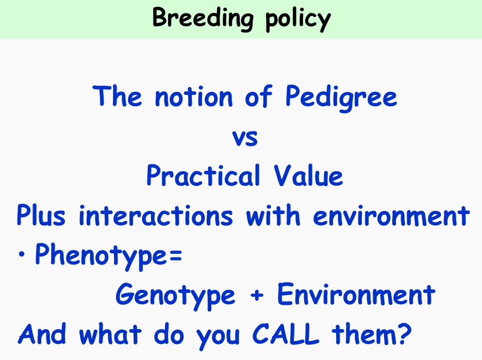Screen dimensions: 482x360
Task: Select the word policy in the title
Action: pos(298,20)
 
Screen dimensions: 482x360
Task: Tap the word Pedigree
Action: pos(341,98)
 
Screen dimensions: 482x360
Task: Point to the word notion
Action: pos(194,97)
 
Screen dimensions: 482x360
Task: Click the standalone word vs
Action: pos(245,138)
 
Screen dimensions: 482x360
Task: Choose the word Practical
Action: pos(204,175)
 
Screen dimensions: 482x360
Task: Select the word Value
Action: pos(308,175)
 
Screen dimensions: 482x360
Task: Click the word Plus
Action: pos(41,215)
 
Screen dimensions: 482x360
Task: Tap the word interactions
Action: pos(156,215)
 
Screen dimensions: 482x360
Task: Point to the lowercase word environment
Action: pos(391,215)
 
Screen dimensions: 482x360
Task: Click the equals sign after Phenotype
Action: pos(175,255)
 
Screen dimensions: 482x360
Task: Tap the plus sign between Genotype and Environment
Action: pos(257,295)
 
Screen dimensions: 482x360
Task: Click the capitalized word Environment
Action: pos(356,294)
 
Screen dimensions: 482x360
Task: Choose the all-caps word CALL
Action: pos(286,334)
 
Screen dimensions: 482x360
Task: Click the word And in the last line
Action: pos(42,334)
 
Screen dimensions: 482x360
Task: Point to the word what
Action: pos(110,334)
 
